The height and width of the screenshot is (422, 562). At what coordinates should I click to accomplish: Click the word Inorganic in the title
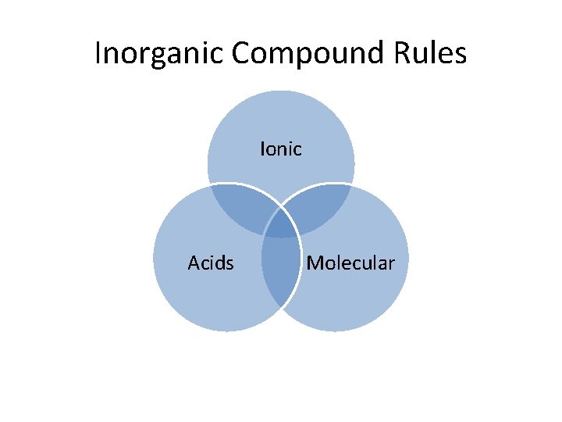pyautogui.click(x=159, y=53)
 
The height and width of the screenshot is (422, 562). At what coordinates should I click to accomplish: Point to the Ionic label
pyautogui.click(x=281, y=148)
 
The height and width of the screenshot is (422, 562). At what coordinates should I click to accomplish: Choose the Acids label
pyautogui.click(x=211, y=263)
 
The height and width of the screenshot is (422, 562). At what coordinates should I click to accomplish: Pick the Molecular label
pyautogui.click(x=350, y=263)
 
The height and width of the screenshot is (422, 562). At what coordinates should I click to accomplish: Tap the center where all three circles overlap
pyautogui.click(x=281, y=227)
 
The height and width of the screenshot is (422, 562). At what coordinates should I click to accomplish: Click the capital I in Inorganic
pyautogui.click(x=98, y=53)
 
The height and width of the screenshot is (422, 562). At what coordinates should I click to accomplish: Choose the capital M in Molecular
pyautogui.click(x=315, y=263)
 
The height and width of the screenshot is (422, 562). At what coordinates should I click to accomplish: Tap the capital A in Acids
pyautogui.click(x=194, y=263)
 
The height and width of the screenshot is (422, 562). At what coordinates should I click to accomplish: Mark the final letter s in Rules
pyautogui.click(x=461, y=55)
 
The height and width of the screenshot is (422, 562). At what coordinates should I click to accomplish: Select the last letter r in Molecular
pyautogui.click(x=392, y=265)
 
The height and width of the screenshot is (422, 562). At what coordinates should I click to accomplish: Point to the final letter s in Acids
pyautogui.click(x=229, y=265)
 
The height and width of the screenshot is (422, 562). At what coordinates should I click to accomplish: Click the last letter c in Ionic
pyautogui.click(x=297, y=150)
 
